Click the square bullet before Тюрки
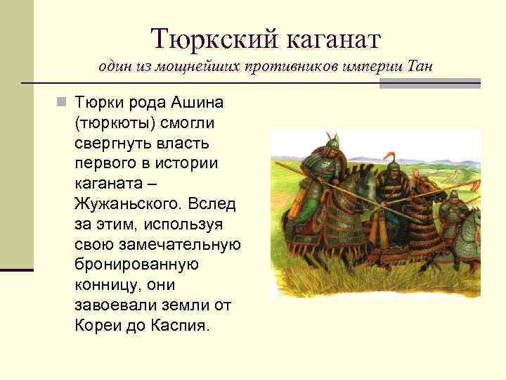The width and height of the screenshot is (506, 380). [x=62, y=103]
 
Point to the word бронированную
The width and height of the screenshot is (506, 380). [x=136, y=266]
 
